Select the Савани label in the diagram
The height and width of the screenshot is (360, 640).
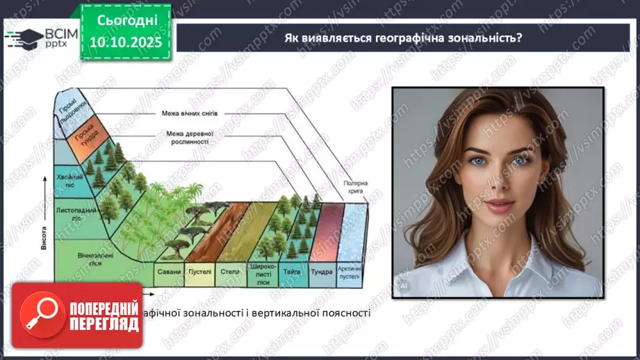(x=169, y=272)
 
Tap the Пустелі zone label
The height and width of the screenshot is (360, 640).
(x=200, y=272)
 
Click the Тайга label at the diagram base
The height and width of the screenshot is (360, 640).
(x=292, y=272)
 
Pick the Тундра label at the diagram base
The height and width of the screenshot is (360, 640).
(x=320, y=272)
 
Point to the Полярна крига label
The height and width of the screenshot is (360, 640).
(x=355, y=187)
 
